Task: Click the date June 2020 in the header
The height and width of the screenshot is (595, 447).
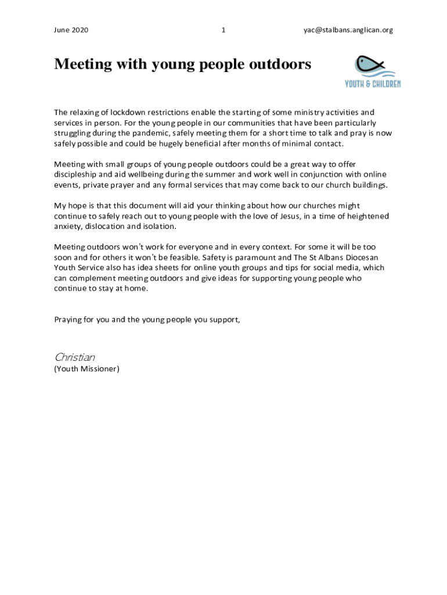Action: [x=71, y=30]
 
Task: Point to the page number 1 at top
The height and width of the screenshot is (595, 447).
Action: [x=223, y=30]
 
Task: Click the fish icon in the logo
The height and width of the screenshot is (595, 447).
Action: [x=371, y=66]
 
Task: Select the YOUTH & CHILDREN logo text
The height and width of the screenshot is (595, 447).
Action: [x=373, y=84]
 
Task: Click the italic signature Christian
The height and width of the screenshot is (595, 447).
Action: [x=74, y=357]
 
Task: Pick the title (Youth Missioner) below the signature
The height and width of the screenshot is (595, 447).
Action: [x=87, y=368]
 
